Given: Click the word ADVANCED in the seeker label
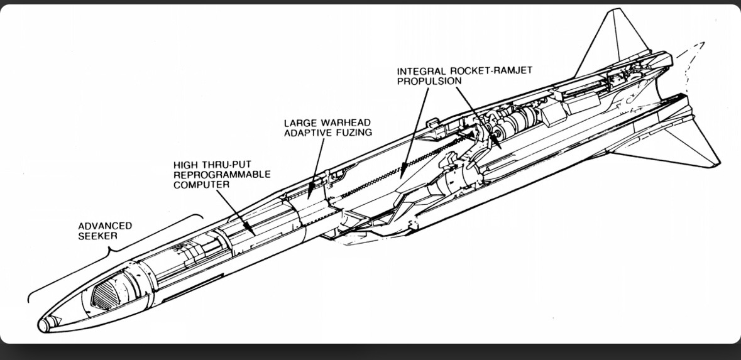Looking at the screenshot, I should coord(105,226).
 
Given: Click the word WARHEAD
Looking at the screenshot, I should coord(344,122).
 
